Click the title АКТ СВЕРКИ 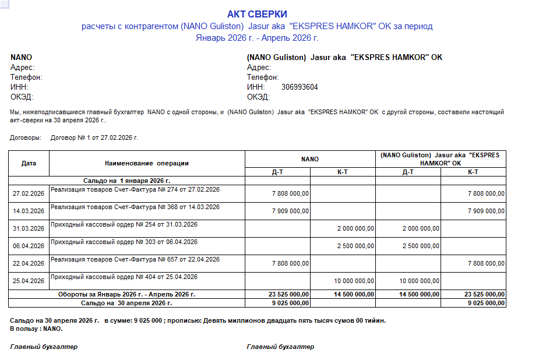(257, 14)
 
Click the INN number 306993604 (300, 87)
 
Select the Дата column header (29, 163)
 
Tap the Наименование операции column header (147, 163)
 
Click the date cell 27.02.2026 (29, 194)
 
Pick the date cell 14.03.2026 (29, 211)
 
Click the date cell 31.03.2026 (29, 228)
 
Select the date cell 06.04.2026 (29, 246)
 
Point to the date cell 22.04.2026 (29, 263)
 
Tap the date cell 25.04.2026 (29, 281)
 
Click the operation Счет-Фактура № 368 (135, 207)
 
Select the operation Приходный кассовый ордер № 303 (124, 242)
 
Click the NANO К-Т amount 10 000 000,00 (354, 281)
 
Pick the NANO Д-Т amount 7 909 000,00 (290, 211)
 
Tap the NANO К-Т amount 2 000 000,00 (355, 228)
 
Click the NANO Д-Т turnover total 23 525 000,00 (288, 295)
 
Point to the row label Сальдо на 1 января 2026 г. (126, 181)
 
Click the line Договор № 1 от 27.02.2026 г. (94, 138)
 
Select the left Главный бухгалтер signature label (44, 347)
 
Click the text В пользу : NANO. (36, 329)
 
